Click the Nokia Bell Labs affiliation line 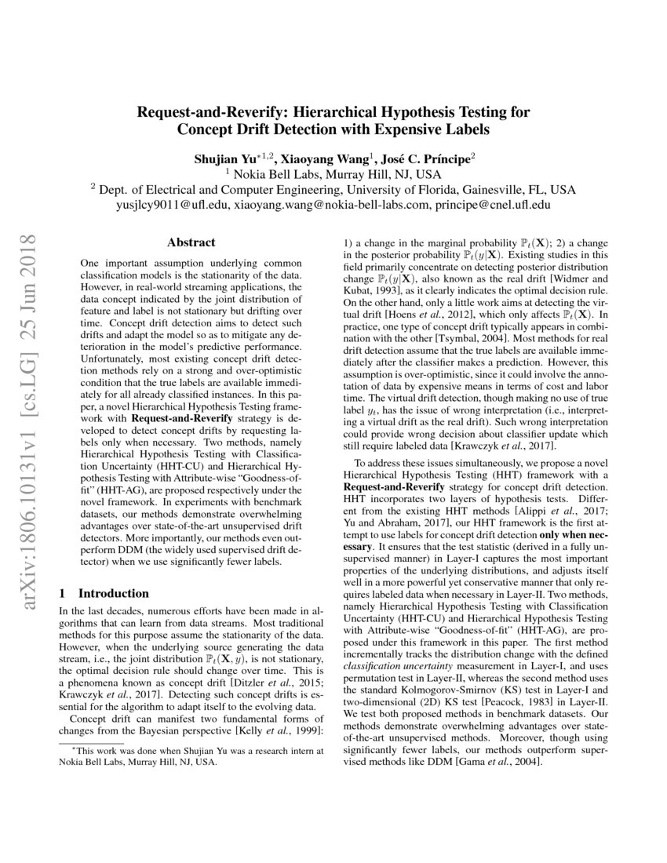[333, 174]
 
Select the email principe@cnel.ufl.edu [490, 205]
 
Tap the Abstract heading [191, 243]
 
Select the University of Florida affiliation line [333, 190]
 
